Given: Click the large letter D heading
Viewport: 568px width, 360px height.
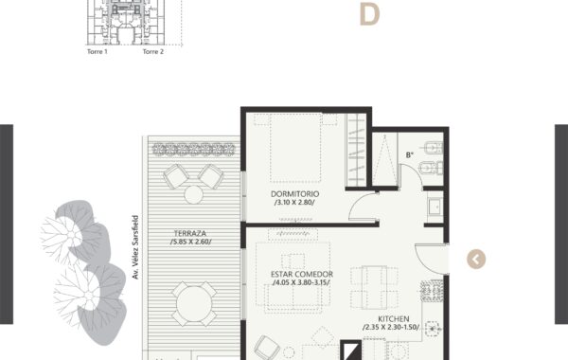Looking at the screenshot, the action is tap(369, 14).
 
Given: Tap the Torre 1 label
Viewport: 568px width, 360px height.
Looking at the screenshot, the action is tap(98, 51).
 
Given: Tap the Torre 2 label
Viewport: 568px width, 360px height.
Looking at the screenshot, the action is tap(152, 51).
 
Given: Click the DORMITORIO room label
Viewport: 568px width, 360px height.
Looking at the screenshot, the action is tap(294, 194).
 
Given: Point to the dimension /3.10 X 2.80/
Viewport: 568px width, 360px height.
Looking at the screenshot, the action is tap(294, 203).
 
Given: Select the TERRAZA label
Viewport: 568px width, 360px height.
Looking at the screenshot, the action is tap(190, 233).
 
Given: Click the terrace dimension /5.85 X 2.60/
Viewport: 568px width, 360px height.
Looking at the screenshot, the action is tap(190, 242).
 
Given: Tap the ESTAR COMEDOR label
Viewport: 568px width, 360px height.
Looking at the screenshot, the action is tap(302, 274).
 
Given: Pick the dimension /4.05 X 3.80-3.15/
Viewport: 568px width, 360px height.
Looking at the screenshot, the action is tap(301, 282).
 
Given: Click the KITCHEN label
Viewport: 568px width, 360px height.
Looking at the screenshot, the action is tap(394, 319).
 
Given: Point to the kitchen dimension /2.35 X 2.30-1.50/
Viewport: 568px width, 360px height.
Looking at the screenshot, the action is tap(391, 328).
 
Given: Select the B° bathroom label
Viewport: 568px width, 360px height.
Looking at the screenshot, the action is tap(410, 155).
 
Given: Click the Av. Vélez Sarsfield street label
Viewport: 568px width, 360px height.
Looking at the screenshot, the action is tap(135, 247).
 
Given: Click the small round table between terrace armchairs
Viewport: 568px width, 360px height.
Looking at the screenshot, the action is tap(193, 194).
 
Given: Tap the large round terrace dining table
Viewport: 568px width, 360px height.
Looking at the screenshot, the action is tap(194, 304).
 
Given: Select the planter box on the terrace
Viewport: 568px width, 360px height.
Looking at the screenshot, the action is tap(193, 150).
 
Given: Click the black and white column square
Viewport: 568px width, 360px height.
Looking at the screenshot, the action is tap(350, 351).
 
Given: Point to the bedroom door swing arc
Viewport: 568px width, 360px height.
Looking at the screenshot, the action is tap(354, 202).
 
